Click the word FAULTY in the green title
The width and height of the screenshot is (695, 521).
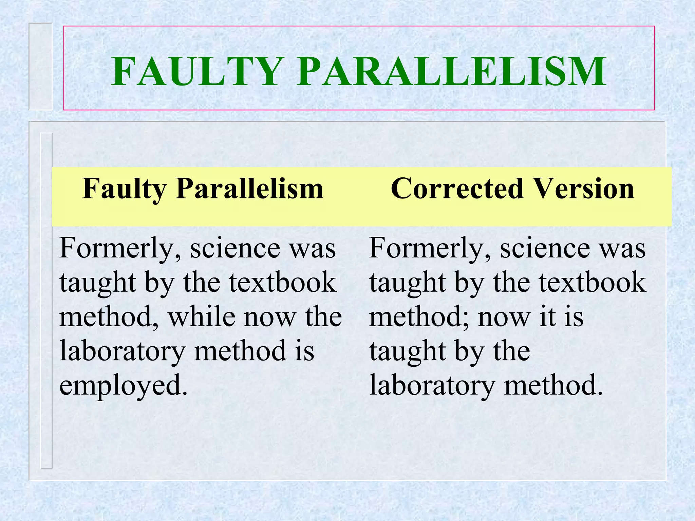tap(198, 72)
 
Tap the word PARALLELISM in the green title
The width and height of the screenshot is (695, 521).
tap(451, 72)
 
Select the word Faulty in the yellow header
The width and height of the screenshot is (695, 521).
tap(124, 189)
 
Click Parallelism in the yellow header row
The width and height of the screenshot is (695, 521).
tap(249, 189)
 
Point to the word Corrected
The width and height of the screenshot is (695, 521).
tap(457, 189)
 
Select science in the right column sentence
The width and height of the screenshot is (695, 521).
tap(545, 249)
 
